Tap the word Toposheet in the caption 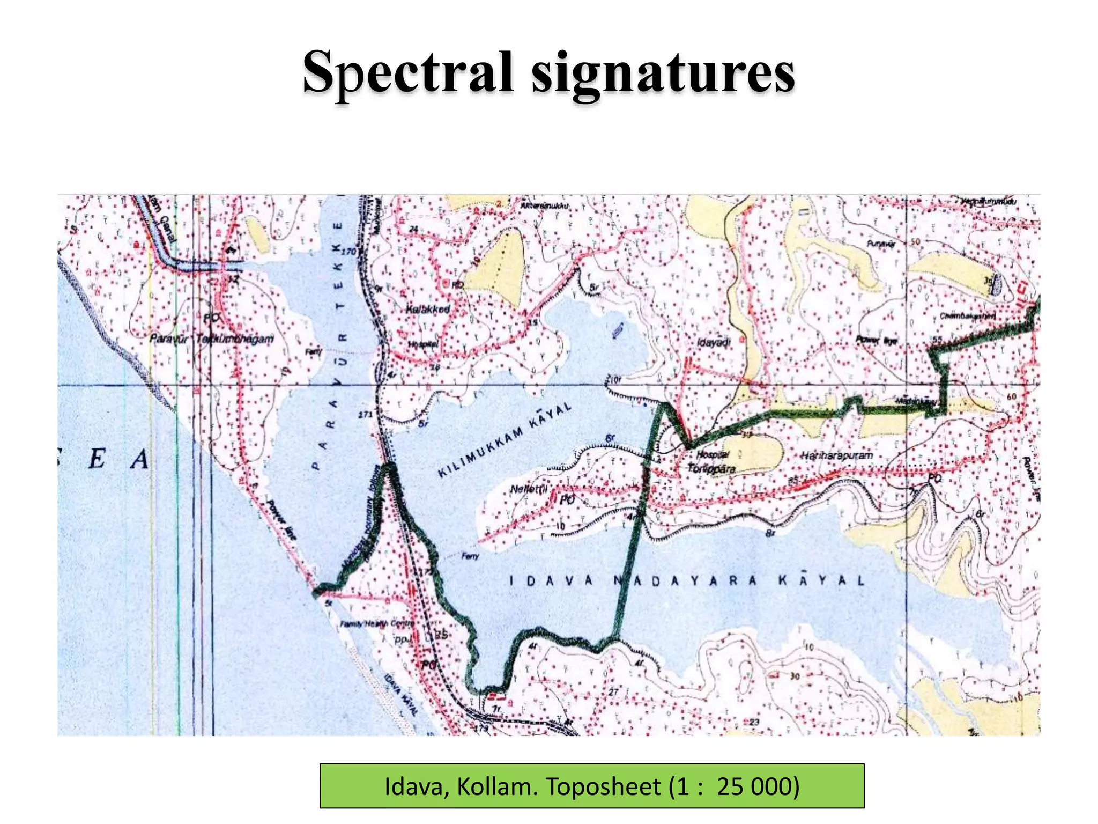[x=604, y=787]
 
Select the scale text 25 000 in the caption [x=758, y=787]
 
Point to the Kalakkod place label [x=427, y=310]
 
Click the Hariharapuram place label [x=836, y=455]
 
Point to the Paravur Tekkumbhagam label [x=211, y=339]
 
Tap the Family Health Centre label [x=377, y=624]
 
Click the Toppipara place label [x=711, y=468]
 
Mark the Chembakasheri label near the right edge [x=967, y=316]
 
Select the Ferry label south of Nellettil [x=470, y=556]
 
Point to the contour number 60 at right [x=1011, y=396]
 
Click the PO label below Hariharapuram [x=934, y=478]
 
